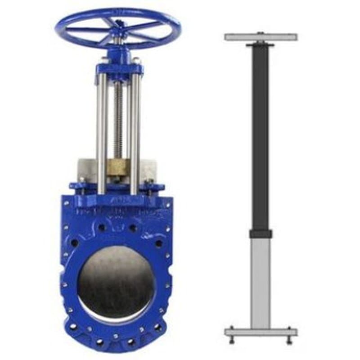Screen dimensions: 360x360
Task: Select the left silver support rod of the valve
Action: coord(102,135)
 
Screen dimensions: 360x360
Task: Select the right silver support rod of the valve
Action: coord(135,135)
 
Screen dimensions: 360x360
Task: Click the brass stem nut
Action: coord(118,171)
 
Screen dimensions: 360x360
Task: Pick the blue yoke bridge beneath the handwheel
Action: coord(119,70)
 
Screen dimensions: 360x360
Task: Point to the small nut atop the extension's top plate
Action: coord(261,32)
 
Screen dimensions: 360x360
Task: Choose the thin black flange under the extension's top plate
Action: coord(260,45)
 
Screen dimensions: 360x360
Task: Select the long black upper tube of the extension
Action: coord(260,135)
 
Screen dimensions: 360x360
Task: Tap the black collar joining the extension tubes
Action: coord(261,234)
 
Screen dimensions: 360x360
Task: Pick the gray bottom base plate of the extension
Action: coord(261,333)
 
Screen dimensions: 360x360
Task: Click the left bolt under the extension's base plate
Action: coord(231,340)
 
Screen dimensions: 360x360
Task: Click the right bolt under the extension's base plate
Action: coord(289,340)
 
